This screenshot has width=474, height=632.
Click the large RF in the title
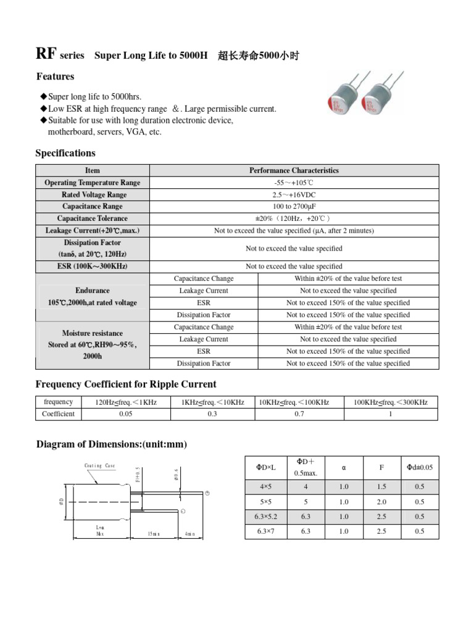(x=47, y=54)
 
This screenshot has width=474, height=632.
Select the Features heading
(x=55, y=77)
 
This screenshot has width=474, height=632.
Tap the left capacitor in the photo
(x=346, y=98)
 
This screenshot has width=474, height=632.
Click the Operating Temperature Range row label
(x=93, y=183)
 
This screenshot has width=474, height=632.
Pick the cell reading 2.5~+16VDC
(x=294, y=194)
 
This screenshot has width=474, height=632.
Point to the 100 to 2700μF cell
(x=294, y=207)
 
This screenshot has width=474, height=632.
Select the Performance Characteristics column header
(x=294, y=170)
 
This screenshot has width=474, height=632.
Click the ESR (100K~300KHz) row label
(x=93, y=267)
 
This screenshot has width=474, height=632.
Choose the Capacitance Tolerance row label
(x=93, y=218)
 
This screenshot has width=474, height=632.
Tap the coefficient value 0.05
(x=125, y=414)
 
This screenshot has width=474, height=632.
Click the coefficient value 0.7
(x=299, y=414)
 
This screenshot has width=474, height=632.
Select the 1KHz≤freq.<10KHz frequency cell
(x=212, y=402)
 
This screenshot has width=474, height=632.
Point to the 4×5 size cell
(x=266, y=487)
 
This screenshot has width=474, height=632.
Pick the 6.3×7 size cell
(x=266, y=531)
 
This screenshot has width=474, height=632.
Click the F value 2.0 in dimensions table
(x=381, y=502)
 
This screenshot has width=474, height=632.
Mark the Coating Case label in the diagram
(x=99, y=466)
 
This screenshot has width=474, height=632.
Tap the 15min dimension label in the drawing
(x=153, y=533)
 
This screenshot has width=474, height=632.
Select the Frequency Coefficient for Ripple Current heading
(x=126, y=385)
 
